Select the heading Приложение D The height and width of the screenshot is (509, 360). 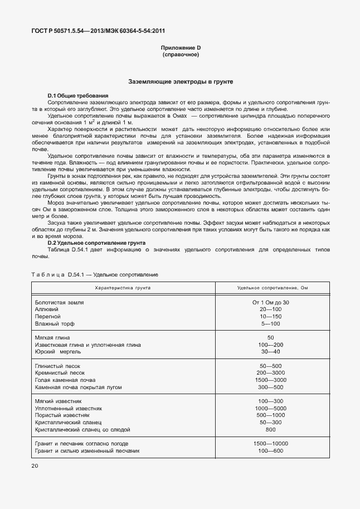click(180, 49)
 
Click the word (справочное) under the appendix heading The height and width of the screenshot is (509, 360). click(180, 56)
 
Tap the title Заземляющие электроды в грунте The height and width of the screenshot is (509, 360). click(180, 82)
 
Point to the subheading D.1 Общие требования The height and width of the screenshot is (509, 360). click(77, 96)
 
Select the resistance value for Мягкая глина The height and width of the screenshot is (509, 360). click(271, 338)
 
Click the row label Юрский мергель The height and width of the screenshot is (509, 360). click(59, 352)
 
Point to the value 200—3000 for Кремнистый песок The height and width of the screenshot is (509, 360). click(271, 372)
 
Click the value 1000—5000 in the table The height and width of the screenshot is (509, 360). click(271, 409)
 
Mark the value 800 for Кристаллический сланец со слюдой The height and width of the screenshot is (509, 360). click(271, 430)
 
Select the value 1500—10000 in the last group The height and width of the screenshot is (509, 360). click(271, 443)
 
